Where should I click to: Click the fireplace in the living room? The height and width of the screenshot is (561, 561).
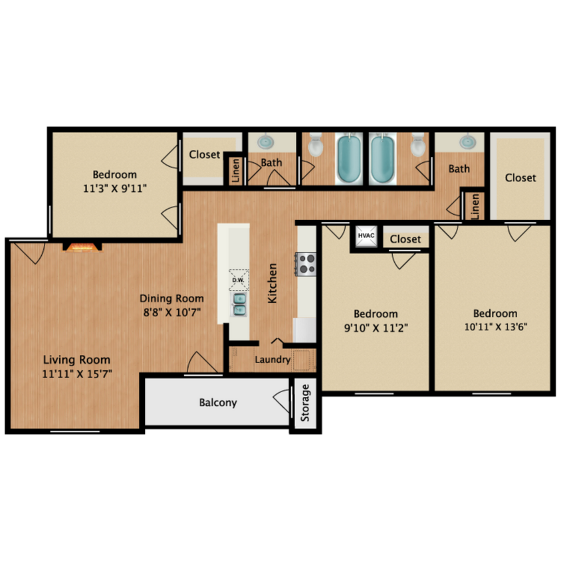click(x=83, y=247)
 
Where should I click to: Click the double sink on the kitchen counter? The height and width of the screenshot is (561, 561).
click(x=239, y=304)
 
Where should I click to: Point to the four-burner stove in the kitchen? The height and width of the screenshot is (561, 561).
click(x=306, y=264)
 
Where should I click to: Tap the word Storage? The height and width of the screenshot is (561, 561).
click(x=306, y=403)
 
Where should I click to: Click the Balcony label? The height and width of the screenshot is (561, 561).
click(x=218, y=403)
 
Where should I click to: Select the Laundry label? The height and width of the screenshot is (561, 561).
click(x=273, y=360)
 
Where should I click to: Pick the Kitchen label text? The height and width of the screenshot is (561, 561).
click(x=273, y=283)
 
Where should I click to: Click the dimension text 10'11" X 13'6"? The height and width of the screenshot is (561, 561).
click(x=495, y=327)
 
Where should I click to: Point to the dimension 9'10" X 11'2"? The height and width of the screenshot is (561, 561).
click(x=376, y=327)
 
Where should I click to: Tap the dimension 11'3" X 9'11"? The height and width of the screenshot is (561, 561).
click(x=115, y=188)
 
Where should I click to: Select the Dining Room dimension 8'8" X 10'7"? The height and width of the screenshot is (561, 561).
click(x=171, y=311)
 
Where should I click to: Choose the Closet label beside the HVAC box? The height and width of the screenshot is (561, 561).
click(x=405, y=239)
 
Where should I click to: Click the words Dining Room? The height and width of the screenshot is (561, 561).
click(x=171, y=298)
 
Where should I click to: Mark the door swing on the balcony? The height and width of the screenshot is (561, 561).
click(x=281, y=401)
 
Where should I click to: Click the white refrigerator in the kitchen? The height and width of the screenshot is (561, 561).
click(x=306, y=329)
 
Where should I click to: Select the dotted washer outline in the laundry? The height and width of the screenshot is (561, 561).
click(x=304, y=359)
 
